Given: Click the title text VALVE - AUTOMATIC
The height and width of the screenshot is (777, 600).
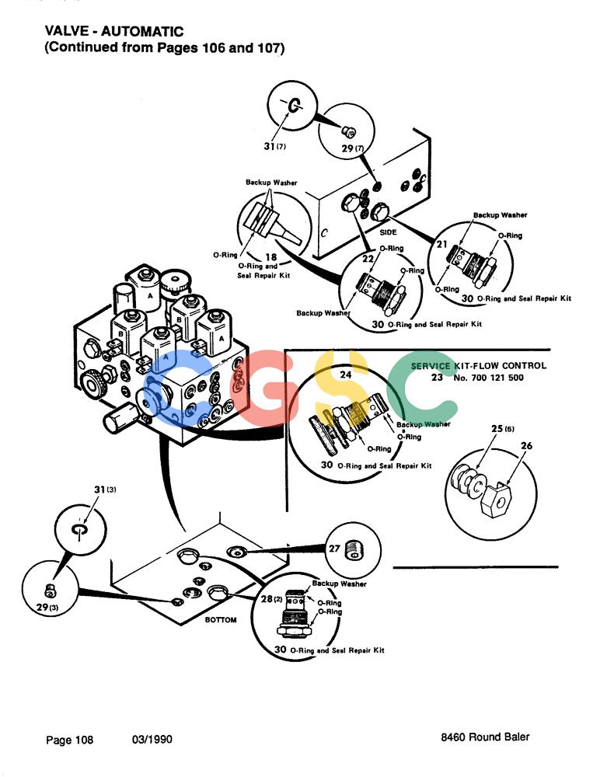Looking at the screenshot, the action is click(114, 31).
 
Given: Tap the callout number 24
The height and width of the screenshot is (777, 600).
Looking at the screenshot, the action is click(346, 375).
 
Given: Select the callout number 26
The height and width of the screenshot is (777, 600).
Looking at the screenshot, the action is click(526, 445).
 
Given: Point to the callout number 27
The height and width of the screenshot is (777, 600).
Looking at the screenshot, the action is click(335, 548).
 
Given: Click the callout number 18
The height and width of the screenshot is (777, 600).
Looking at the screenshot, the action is click(270, 256).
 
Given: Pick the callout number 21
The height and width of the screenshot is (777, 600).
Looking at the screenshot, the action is click(441, 244).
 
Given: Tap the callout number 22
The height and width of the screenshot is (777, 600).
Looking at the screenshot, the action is click(368, 259).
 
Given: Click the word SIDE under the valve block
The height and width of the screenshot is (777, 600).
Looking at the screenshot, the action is click(388, 232).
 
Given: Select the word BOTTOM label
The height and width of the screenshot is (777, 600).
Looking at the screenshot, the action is click(221, 619).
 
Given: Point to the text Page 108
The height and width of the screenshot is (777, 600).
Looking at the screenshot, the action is click(69, 740).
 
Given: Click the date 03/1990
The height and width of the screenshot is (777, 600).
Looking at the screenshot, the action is click(152, 740).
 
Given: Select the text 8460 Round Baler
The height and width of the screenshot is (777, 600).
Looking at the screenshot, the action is click(485, 737).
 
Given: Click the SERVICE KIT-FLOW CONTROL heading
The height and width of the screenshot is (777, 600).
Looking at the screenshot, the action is click(479, 366).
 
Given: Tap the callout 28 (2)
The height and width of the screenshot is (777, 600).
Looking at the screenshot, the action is click(271, 598).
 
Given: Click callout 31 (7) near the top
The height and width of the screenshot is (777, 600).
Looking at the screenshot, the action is click(274, 146).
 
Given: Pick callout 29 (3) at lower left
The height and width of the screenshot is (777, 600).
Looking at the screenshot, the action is click(48, 607).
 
